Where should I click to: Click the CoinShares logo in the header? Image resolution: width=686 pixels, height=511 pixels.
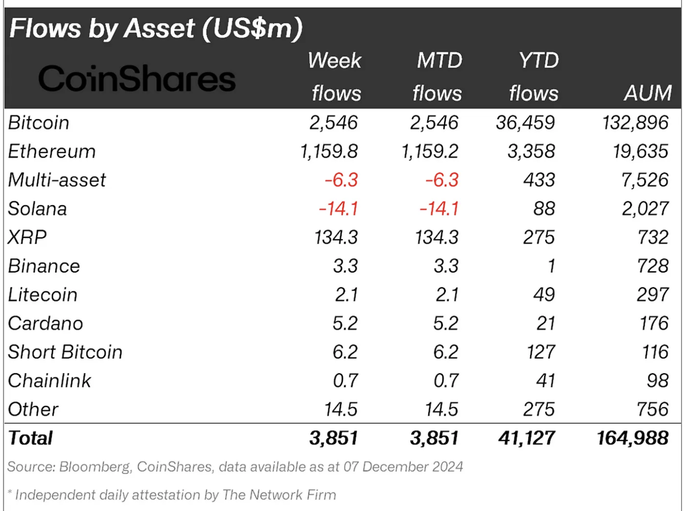136,79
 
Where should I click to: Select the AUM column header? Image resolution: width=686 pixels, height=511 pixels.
648,93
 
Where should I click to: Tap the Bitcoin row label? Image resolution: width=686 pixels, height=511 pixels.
38,123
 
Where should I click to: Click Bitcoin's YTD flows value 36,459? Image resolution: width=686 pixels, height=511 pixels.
525,123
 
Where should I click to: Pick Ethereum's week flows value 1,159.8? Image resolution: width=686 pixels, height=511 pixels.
329,151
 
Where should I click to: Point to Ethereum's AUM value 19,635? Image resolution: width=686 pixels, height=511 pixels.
640,151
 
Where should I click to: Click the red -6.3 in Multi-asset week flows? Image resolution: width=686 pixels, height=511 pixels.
341,180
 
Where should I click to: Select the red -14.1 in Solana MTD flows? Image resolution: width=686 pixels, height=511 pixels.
438,209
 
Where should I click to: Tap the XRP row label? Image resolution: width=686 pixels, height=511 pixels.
27,238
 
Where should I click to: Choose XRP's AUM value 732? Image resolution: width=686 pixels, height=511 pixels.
653,238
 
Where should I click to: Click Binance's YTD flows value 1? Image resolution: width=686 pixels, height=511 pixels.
551,266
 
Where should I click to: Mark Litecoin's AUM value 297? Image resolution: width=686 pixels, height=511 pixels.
652,295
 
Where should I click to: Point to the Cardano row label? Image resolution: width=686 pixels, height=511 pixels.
45,323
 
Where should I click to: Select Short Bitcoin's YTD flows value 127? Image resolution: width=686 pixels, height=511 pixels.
541,352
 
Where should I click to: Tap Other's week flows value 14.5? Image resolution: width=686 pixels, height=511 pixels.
341,410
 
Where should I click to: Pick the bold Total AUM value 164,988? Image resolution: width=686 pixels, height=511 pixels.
632,438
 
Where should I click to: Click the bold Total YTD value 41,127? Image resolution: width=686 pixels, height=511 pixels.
526,438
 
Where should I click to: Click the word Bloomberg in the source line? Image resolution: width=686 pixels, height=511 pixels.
94,467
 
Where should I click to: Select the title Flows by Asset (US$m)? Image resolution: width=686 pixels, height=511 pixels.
156,28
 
